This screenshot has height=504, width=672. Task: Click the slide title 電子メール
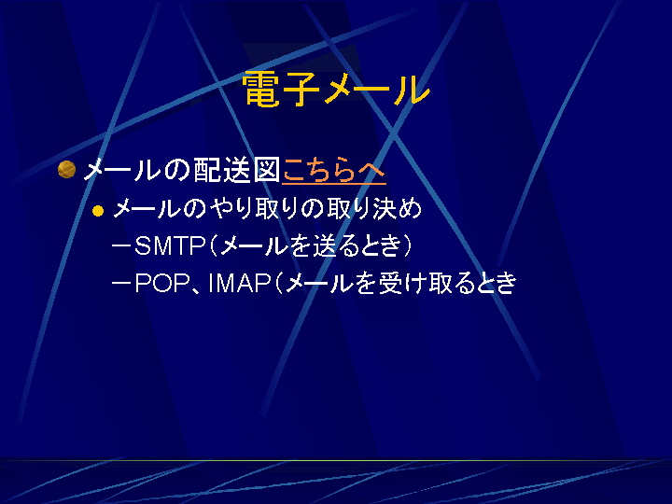(336, 90)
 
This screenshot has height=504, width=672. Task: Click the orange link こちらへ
(334, 171)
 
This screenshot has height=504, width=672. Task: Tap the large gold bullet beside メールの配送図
(66, 169)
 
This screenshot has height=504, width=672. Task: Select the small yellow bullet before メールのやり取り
(98, 211)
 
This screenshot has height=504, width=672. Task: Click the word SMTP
(170, 246)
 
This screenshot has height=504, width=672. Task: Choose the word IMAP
(239, 284)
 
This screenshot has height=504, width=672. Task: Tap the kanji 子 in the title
(301, 90)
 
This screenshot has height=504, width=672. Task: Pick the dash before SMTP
(121, 246)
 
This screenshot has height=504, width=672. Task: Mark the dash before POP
(121, 284)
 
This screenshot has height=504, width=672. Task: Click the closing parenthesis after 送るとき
(407, 246)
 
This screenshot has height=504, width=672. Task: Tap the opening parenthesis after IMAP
(278, 284)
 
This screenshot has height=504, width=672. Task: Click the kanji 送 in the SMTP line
(325, 246)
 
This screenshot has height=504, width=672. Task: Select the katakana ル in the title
(411, 90)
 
